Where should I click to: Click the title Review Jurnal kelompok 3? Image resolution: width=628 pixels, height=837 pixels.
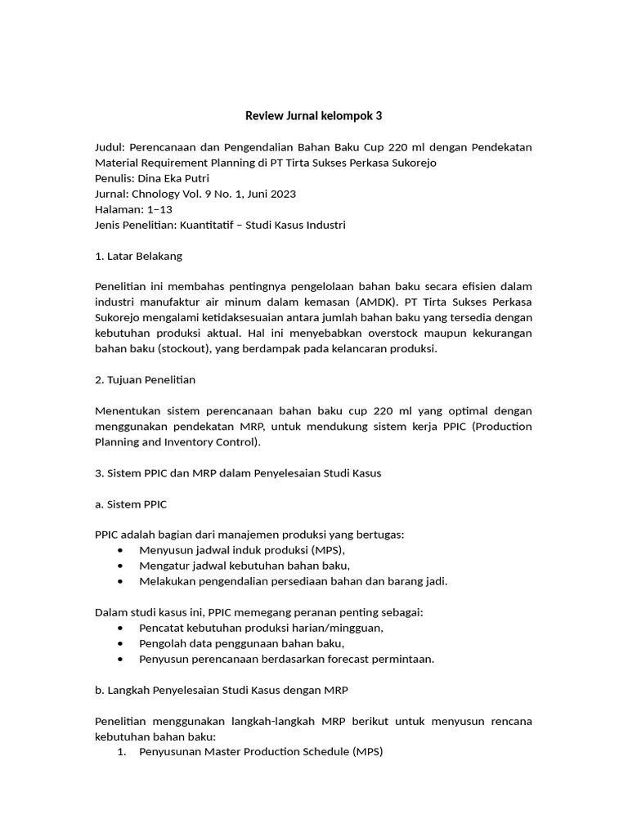click(314, 116)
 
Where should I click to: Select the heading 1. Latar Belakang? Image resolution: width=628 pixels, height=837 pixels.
click(139, 256)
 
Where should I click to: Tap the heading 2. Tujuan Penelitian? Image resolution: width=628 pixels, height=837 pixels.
click(146, 380)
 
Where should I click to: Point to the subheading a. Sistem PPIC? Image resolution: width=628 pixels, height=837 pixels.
click(132, 504)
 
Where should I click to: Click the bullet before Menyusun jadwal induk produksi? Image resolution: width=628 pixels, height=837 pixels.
click(122, 551)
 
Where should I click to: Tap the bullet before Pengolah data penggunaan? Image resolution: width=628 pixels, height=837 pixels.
click(122, 644)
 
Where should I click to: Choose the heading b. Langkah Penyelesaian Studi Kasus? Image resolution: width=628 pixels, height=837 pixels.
click(222, 691)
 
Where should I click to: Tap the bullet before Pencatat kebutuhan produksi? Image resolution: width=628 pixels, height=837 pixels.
click(122, 629)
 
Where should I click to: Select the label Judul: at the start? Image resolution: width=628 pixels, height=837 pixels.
click(110, 147)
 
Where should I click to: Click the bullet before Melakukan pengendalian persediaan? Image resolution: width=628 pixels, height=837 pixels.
click(122, 582)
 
